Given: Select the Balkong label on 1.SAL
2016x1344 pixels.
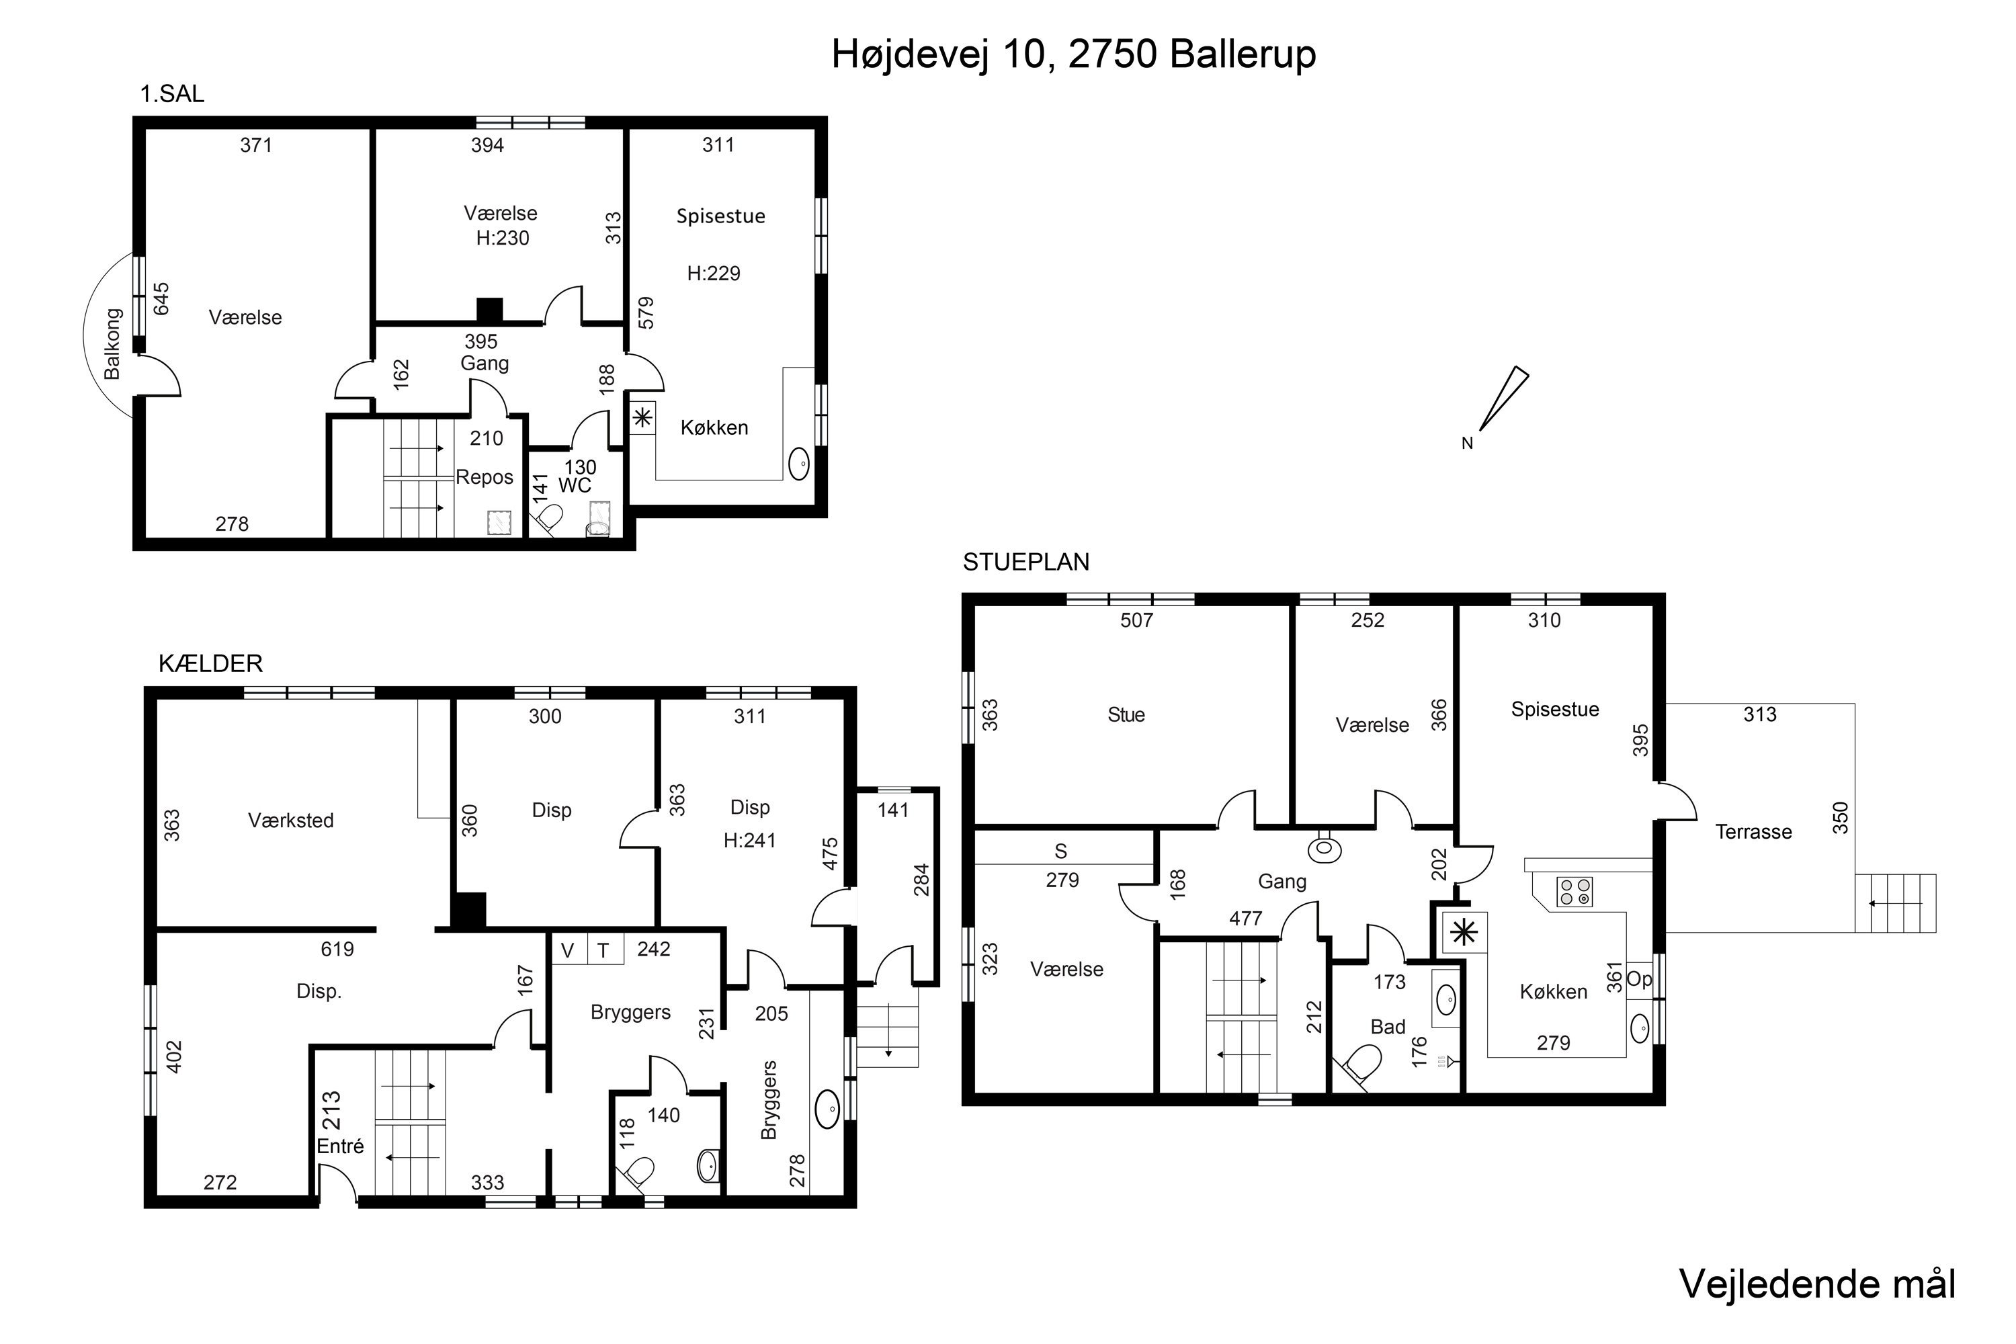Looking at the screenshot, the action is (112, 343).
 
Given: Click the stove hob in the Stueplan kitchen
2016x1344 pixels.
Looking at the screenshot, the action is (1574, 892).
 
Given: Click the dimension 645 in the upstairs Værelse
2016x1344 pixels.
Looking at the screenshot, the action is (161, 299).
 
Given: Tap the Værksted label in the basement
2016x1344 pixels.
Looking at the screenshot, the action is (290, 821).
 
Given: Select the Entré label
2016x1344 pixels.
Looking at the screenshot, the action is (340, 1146).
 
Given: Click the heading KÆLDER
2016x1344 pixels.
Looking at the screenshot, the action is (210, 663).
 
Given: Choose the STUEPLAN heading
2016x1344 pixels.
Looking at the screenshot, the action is (1026, 562).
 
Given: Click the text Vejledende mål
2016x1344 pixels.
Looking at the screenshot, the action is (1817, 1284).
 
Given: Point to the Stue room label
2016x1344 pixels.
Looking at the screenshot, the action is (1126, 715).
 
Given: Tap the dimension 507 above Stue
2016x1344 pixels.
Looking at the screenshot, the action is (1136, 620).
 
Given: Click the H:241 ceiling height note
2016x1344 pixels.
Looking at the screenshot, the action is (749, 841).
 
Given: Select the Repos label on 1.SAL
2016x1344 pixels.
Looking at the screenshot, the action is (485, 477).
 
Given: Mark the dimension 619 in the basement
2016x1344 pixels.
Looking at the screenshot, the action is (337, 949).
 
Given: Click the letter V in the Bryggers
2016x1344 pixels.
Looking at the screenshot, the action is (566, 950).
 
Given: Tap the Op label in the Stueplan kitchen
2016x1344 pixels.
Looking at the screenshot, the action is (1638, 980).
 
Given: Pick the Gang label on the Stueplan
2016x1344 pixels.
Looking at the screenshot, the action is (1282, 882).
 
